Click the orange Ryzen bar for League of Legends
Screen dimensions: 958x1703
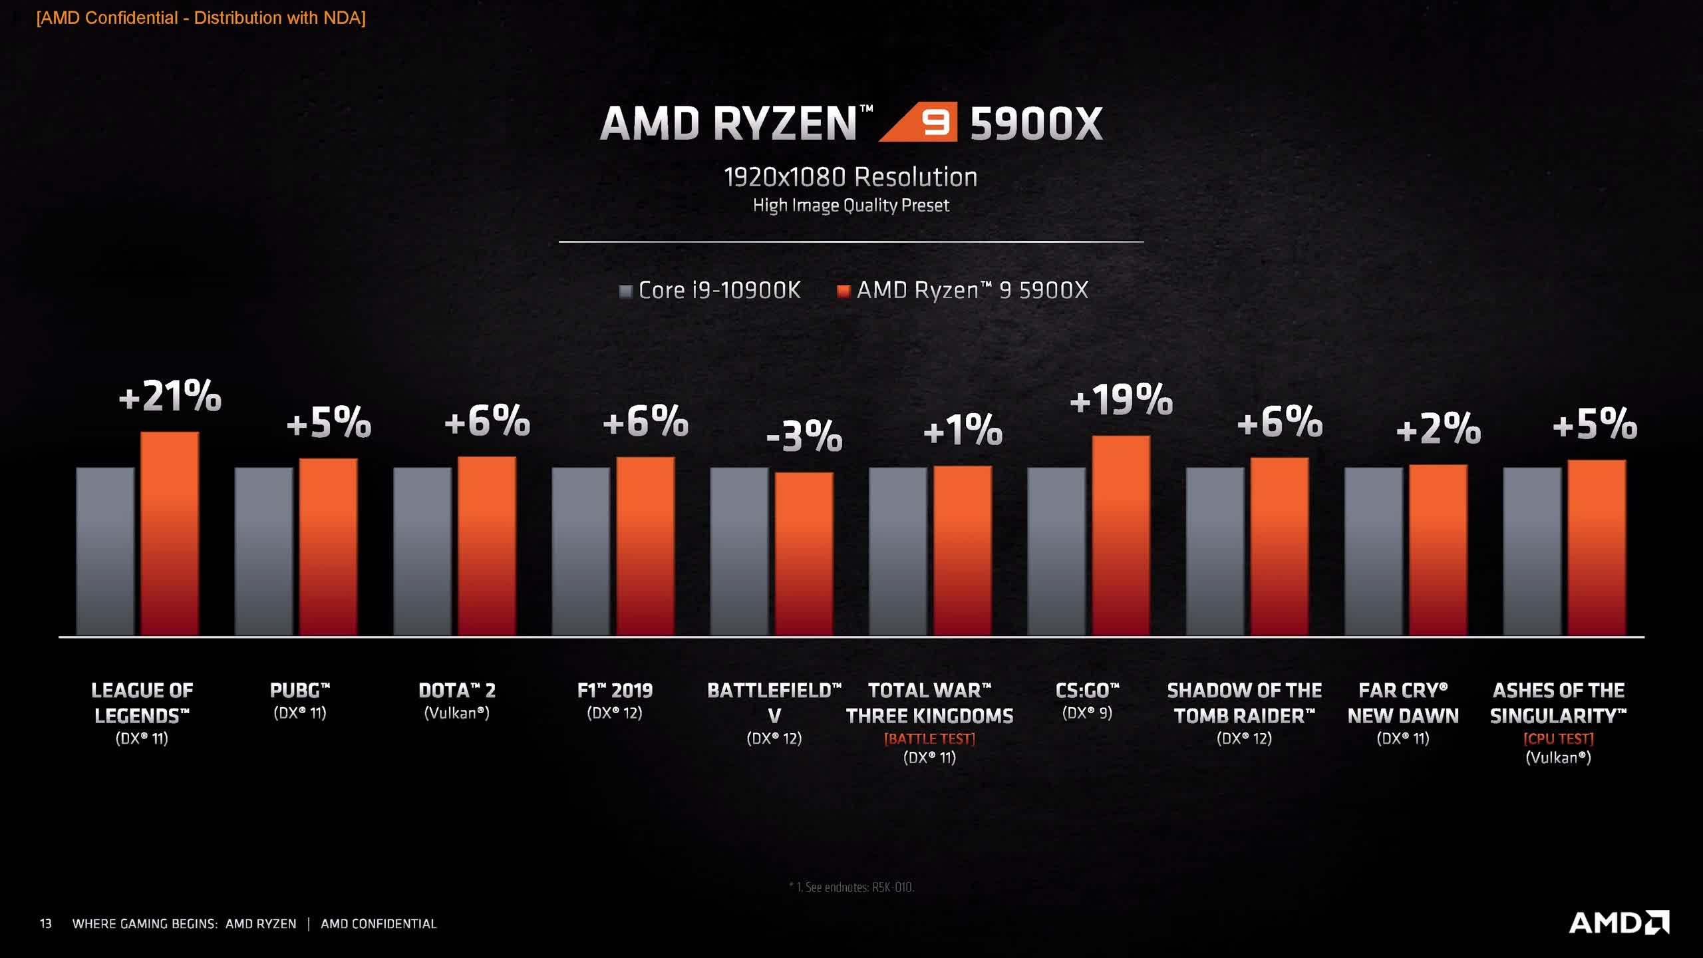(170, 534)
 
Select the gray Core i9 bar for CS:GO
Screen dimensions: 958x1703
(1056, 551)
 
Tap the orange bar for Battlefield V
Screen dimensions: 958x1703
(804, 554)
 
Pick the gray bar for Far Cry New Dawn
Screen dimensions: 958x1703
(1374, 551)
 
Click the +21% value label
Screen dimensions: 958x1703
(170, 397)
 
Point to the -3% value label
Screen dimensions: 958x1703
(804, 436)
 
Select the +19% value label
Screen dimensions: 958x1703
(1121, 400)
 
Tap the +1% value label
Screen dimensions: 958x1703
(963, 430)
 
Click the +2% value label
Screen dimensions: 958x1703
(1438, 428)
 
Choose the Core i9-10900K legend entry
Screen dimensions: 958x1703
(710, 290)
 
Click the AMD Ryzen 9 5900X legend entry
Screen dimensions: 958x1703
(963, 290)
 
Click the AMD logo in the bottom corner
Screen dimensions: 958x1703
(1619, 923)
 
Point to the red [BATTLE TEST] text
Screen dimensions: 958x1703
(929, 738)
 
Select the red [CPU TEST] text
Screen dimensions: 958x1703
(1558, 738)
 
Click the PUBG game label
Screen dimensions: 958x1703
(300, 691)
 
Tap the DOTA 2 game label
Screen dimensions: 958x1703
(457, 691)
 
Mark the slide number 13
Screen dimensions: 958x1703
(45, 923)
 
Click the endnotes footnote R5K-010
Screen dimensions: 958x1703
(851, 887)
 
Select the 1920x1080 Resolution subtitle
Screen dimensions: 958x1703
(851, 177)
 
